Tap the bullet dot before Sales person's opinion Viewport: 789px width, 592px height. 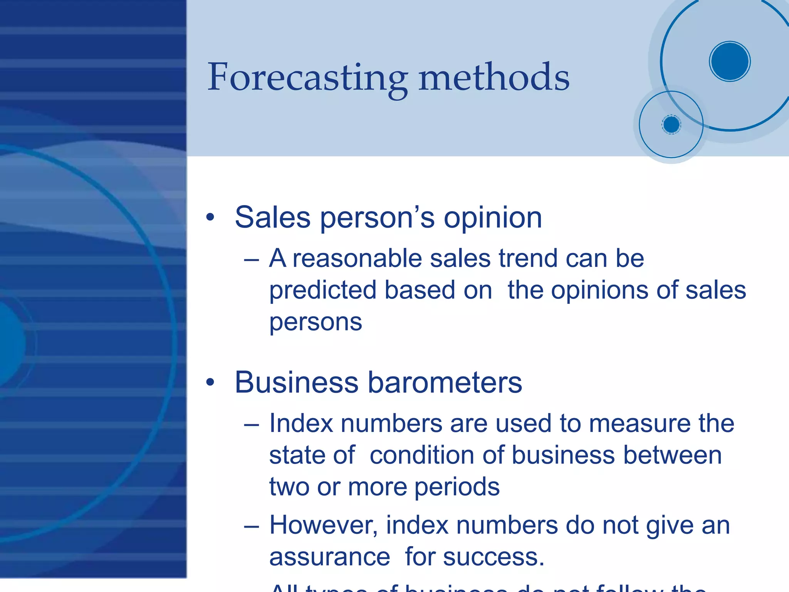coord(210,217)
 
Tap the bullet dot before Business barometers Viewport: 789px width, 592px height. coord(210,382)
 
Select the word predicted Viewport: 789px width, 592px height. coord(322,290)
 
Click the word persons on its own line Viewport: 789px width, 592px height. coord(316,322)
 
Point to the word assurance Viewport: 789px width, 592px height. coord(330,557)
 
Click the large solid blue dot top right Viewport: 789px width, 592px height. coord(730,61)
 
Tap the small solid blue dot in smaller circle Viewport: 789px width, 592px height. coord(671,125)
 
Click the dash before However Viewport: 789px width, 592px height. coord(251,526)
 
